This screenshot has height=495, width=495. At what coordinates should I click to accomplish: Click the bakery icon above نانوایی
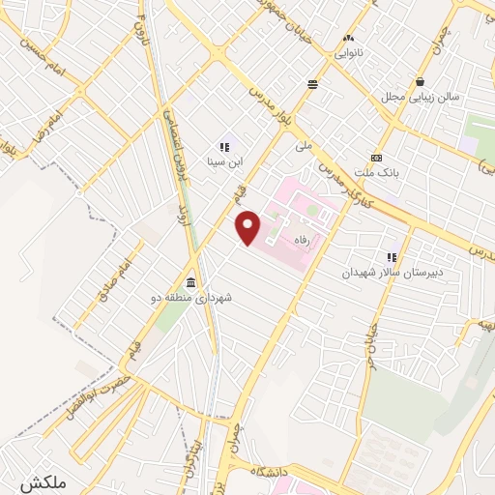[346, 39]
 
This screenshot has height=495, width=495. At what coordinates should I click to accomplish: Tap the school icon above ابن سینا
[224, 148]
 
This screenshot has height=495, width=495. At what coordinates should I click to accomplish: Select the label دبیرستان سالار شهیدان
[392, 273]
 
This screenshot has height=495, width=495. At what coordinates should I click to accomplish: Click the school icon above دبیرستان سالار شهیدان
[393, 258]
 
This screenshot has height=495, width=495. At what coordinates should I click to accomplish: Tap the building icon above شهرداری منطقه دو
[190, 283]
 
